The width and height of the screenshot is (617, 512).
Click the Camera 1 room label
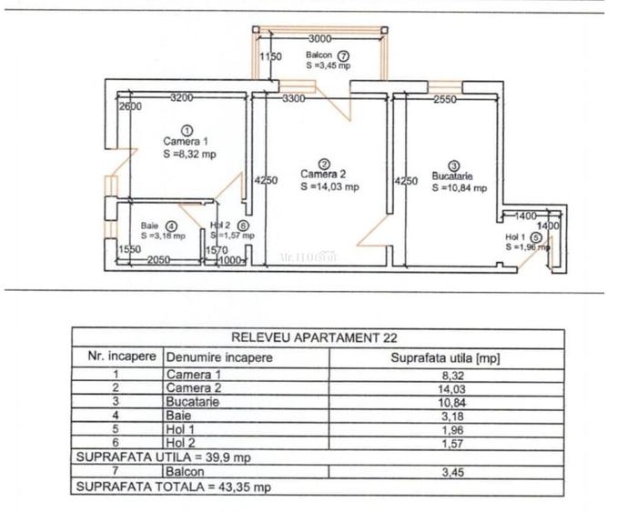pyautogui.click(x=186, y=141)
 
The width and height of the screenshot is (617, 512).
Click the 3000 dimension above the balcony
pyautogui.click(x=319, y=39)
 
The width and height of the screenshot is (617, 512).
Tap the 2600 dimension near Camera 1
pyautogui.click(x=130, y=106)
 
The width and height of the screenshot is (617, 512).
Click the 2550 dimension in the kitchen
pyautogui.click(x=444, y=99)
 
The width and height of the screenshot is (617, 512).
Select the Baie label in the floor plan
pyautogui.click(x=150, y=226)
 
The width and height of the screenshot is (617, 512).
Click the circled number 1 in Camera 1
pyautogui.click(x=187, y=129)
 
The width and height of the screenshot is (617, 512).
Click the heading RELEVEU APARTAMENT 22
pyautogui.click(x=317, y=337)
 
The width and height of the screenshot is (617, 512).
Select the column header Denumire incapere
pyautogui.click(x=219, y=357)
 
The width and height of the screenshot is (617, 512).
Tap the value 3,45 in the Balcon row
pyautogui.click(x=445, y=473)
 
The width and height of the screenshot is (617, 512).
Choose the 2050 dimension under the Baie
pyautogui.click(x=160, y=259)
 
